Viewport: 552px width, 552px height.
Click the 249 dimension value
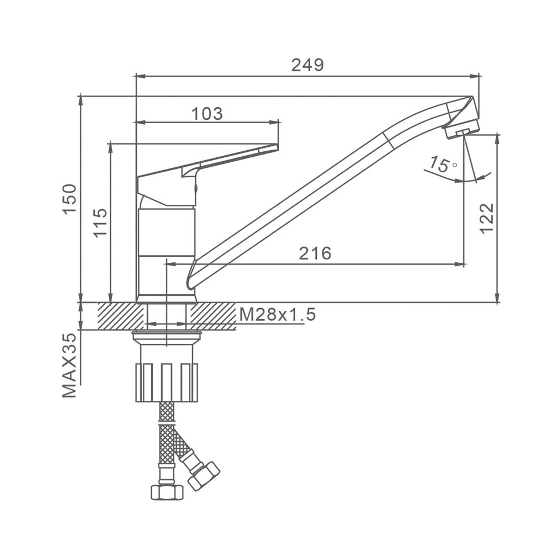click(307, 65)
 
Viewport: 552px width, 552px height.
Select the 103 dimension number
click(207, 114)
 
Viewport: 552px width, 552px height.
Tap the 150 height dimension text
click(70, 199)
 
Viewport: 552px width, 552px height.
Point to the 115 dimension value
click(100, 223)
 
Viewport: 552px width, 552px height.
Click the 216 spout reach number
click(315, 253)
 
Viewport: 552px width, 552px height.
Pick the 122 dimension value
click(487, 218)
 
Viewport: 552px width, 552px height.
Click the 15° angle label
click(443, 164)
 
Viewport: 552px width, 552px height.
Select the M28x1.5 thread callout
click(278, 315)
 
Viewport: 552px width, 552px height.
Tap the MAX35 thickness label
click(70, 365)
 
